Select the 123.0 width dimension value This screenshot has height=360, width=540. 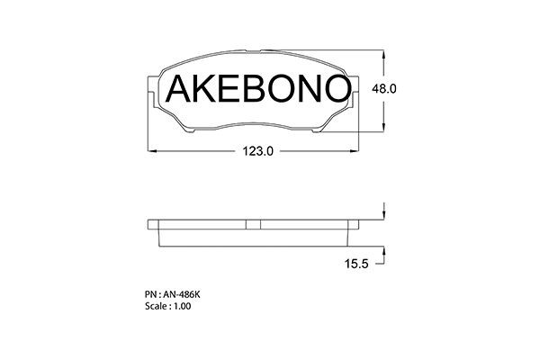tap(259, 152)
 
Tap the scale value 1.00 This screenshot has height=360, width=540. tap(183, 306)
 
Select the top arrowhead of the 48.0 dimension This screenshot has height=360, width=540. tap(384, 51)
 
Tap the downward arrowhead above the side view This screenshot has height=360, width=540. tap(384, 215)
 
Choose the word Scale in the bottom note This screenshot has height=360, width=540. tap(156, 306)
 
